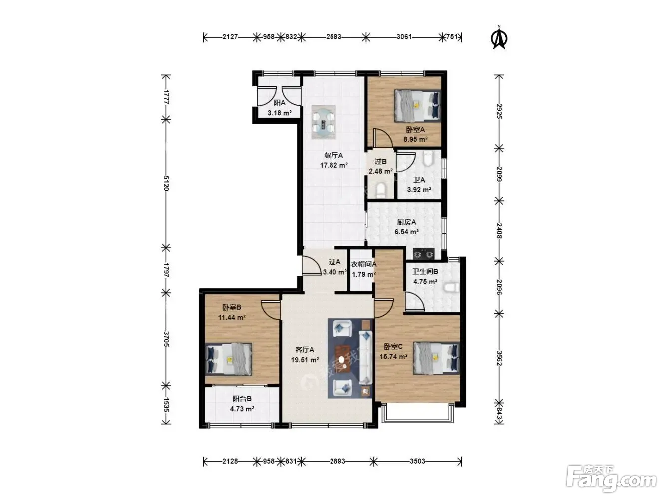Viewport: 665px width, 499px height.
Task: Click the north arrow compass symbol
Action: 499,38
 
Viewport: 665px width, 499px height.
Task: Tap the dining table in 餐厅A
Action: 323,122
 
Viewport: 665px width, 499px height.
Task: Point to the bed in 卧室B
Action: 229,359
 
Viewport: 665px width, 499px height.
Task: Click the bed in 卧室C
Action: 436,358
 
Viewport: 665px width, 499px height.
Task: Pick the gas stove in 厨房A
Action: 424,254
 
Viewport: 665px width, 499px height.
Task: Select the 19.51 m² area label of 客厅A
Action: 305,360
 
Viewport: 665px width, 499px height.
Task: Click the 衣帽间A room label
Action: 363,264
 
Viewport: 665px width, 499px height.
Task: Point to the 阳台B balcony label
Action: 242,399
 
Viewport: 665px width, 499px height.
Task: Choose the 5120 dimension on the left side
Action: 166,183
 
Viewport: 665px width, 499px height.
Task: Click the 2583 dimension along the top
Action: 333,37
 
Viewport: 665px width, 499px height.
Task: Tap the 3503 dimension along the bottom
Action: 417,461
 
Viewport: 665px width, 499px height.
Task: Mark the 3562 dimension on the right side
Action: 499,358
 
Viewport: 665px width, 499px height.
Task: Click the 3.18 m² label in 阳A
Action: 280,113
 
